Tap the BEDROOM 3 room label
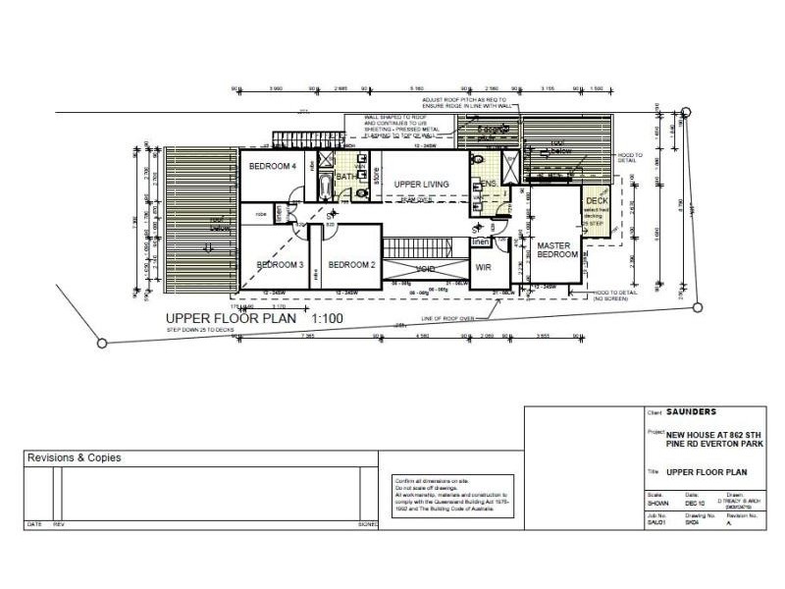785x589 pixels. coord(280,265)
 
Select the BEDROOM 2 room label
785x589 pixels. coord(351,265)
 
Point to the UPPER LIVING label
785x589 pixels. coord(422,185)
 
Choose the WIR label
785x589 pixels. coord(483,266)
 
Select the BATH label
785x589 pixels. coord(347,177)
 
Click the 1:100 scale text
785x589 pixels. coord(330,319)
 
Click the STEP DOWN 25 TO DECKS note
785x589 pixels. coord(200,331)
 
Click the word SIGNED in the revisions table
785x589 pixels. coord(369,524)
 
